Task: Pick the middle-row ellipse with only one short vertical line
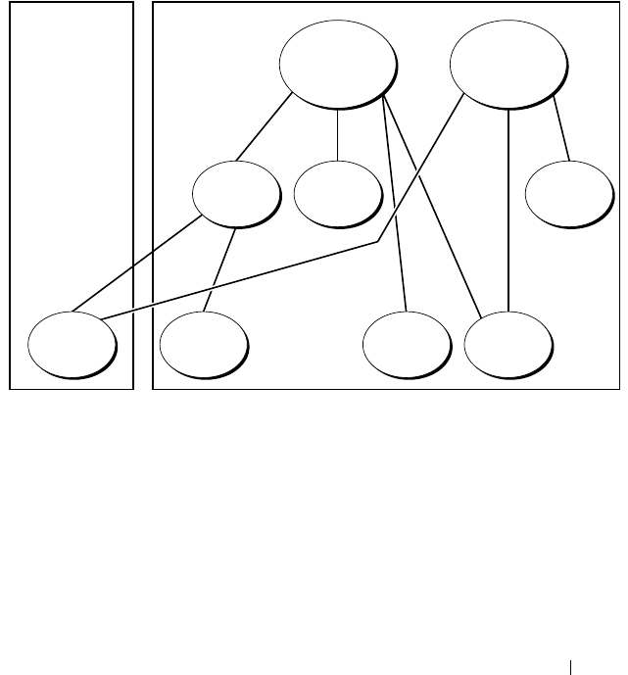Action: pyautogui.click(x=336, y=192)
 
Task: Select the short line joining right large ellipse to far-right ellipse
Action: pyautogui.click(x=561, y=127)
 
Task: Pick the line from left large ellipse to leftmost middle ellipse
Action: pyautogui.click(x=263, y=127)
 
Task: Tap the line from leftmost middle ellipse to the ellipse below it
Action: pyautogui.click(x=219, y=269)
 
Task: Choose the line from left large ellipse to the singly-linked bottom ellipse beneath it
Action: pyautogui.click(x=395, y=206)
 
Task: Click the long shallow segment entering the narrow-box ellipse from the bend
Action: pyautogui.click(x=245, y=279)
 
